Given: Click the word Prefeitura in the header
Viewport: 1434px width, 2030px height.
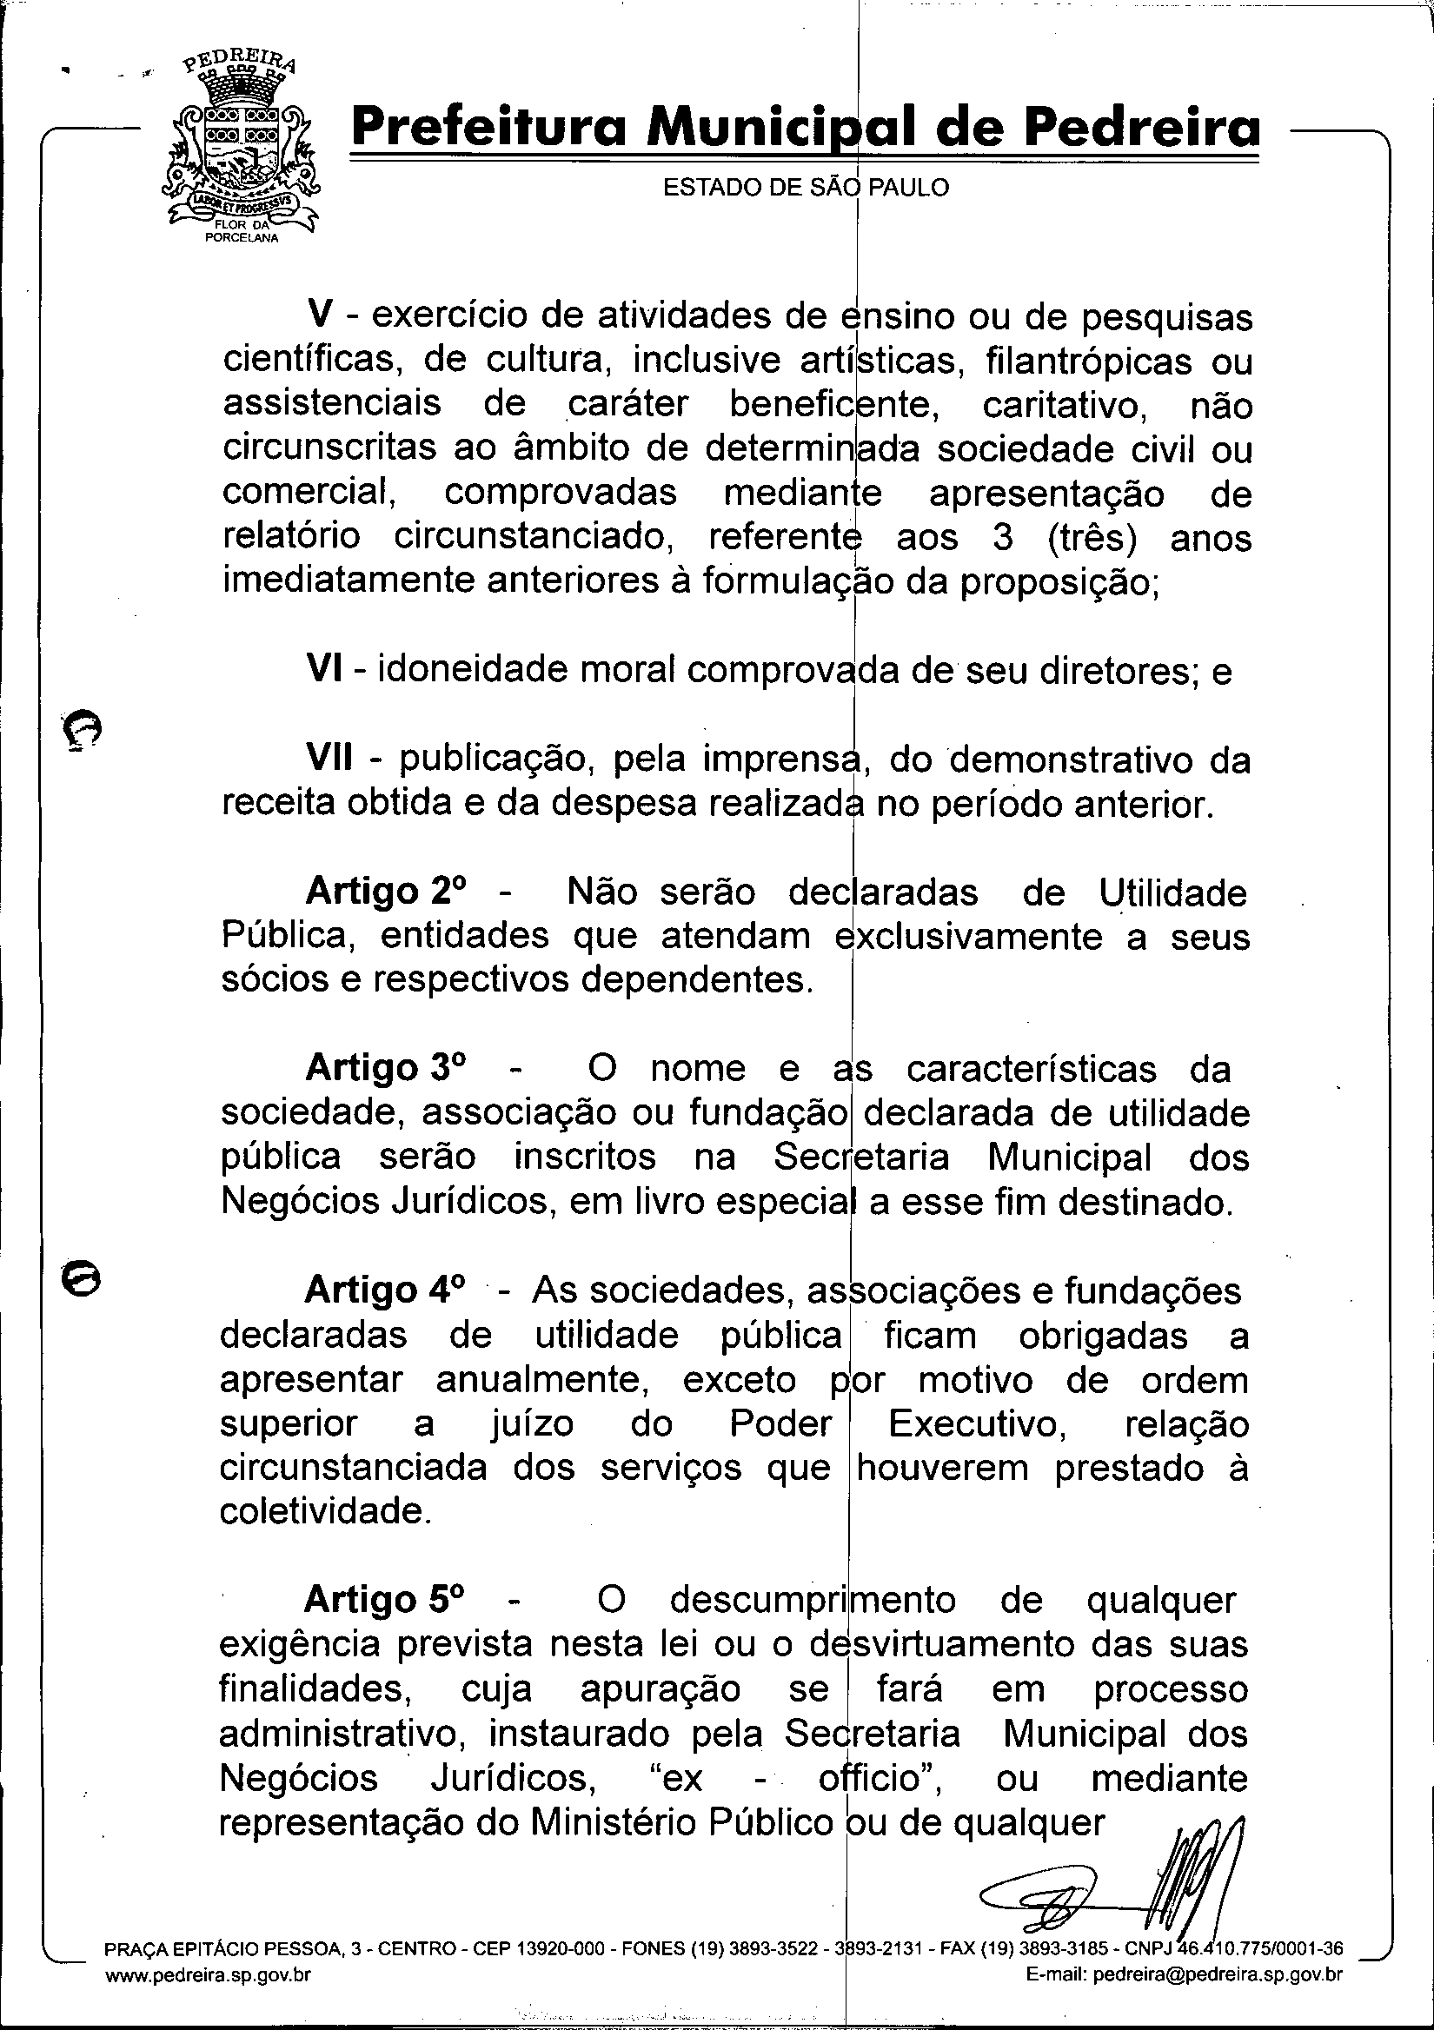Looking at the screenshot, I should click(490, 128).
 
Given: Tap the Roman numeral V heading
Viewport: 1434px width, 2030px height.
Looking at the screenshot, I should click(318, 315).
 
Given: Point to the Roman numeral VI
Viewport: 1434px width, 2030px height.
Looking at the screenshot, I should click(325, 670).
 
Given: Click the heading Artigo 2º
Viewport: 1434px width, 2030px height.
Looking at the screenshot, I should click(385, 892).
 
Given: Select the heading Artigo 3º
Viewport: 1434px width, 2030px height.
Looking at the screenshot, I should click(385, 1068).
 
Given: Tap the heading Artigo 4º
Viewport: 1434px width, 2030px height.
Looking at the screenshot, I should click(385, 1290).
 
